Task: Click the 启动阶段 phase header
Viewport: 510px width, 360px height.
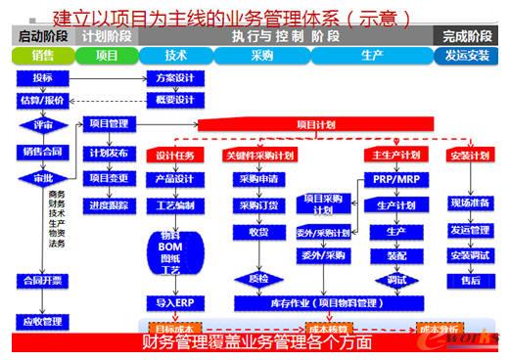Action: [41, 35]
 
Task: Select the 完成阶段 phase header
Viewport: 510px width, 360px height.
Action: [467, 35]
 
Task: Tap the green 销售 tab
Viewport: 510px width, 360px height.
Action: [42, 56]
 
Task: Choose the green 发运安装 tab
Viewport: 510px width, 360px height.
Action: [467, 56]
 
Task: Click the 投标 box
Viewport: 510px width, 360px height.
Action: [42, 78]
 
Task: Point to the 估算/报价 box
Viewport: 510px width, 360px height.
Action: [42, 100]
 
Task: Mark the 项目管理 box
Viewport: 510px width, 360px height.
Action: [109, 125]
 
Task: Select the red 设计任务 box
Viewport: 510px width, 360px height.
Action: [175, 156]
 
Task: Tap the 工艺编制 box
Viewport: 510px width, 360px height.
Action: [175, 205]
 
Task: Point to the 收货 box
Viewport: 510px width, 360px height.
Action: [258, 232]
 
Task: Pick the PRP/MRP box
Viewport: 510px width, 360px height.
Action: [395, 179]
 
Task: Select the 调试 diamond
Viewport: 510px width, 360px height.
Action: [395, 279]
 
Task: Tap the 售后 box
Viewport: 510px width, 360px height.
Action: [470, 279]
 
